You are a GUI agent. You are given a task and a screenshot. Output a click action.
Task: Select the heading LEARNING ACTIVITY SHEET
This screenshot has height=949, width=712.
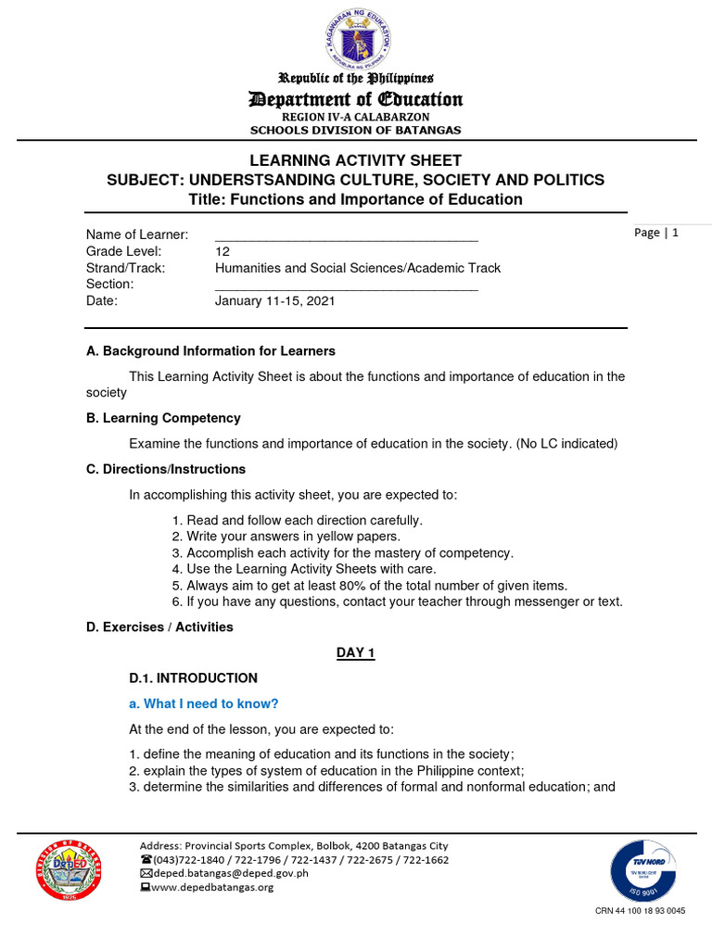point(356,160)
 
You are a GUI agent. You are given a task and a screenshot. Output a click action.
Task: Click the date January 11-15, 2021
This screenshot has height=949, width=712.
point(275,301)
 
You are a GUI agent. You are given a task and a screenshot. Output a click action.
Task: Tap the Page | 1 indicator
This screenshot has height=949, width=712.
point(656,233)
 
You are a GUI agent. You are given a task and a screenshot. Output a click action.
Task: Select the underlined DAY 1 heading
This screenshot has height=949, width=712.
point(355,653)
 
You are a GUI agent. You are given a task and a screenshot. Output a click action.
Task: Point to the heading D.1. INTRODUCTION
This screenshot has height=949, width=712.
point(193,678)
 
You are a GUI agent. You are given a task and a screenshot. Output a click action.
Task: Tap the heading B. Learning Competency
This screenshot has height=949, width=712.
point(163,418)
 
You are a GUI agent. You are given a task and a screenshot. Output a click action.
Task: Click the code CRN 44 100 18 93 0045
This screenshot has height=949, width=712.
point(640,911)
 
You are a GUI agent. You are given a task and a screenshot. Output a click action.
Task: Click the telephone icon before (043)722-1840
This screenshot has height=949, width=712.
point(145,859)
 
